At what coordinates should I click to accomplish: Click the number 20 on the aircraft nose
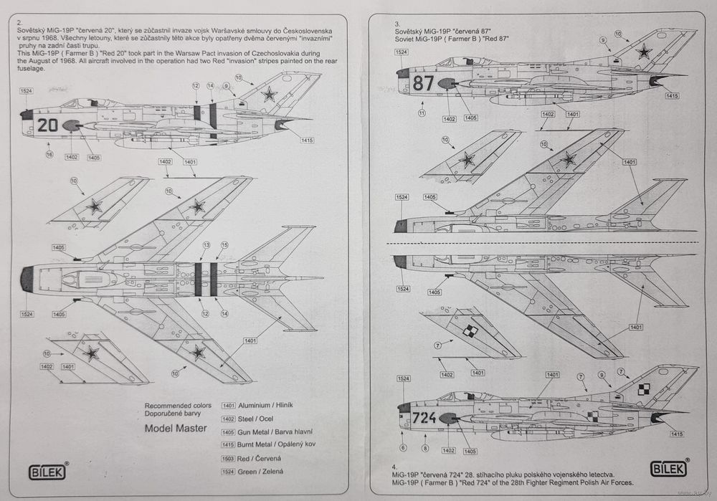point(47,125)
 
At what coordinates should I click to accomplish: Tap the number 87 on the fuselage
point(424,83)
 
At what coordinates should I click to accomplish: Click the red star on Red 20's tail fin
point(269,93)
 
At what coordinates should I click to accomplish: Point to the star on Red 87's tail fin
point(645,52)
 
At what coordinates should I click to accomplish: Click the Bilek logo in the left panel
point(47,472)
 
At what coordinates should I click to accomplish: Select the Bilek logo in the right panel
point(668,469)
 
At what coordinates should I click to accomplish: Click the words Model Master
point(176,429)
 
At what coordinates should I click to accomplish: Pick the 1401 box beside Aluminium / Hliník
point(229,406)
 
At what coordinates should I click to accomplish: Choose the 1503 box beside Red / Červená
point(229,458)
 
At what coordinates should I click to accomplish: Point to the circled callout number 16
point(49,154)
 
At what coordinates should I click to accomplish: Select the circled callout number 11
point(422,113)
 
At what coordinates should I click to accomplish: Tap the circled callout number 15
point(224,245)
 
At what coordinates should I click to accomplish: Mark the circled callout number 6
point(404,448)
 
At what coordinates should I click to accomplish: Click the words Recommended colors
point(178,406)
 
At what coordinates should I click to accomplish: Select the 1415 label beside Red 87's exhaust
point(672,95)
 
